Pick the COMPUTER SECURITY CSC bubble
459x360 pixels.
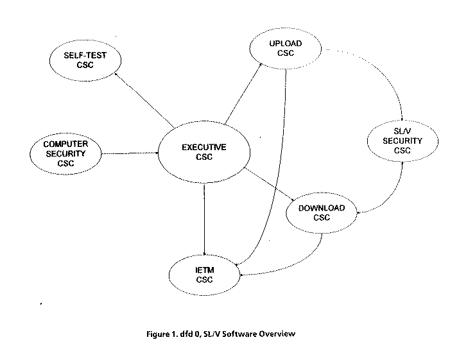click(x=66, y=153)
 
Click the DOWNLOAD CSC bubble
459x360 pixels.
click(x=321, y=212)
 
